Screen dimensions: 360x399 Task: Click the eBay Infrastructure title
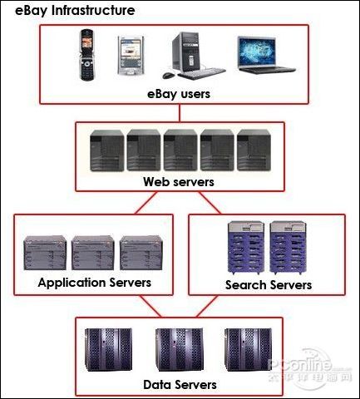(75, 11)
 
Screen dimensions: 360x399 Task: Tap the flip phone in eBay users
(86, 55)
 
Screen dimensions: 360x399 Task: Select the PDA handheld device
(131, 56)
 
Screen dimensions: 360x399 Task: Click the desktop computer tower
(185, 52)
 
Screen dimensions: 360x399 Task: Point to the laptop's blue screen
(257, 52)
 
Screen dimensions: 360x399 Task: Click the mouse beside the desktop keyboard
(169, 75)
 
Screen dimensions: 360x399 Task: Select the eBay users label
(179, 94)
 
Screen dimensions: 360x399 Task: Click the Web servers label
(179, 182)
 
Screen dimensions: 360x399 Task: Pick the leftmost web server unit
(107, 150)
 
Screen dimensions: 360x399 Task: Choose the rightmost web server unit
(254, 150)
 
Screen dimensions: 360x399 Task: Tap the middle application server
(93, 253)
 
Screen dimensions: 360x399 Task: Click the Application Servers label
(95, 283)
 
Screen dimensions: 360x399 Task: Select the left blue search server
(246, 248)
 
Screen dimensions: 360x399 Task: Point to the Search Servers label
(269, 285)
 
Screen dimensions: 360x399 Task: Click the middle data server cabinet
(180, 350)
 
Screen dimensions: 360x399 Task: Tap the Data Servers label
(180, 385)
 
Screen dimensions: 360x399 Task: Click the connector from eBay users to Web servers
(180, 113)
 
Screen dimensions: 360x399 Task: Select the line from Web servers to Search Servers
(210, 203)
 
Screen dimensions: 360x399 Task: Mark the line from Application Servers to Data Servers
(150, 306)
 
